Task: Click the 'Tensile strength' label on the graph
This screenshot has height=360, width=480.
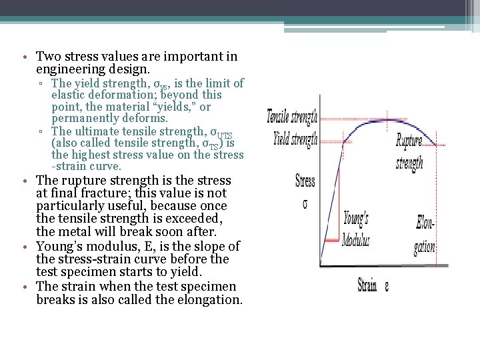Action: pos(291,117)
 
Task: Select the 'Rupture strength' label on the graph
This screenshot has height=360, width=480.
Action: pos(409,152)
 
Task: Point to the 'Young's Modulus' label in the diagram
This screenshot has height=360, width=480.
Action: pos(356,229)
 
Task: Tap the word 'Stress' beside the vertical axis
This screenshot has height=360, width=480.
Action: pos(305,180)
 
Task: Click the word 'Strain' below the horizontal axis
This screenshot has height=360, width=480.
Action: pos(367,286)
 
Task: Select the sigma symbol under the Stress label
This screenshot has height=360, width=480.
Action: pos(305,203)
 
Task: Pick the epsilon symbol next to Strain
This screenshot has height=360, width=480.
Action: pos(386,287)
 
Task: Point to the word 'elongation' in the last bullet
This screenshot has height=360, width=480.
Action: pos(210,299)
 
